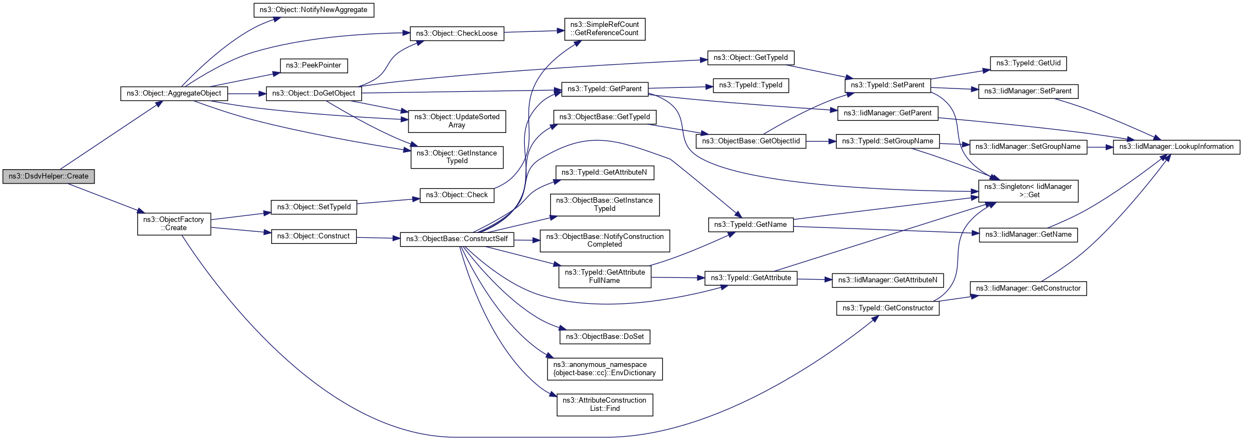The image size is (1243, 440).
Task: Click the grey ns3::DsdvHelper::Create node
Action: point(48,176)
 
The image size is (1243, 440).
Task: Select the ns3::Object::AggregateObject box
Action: point(173,93)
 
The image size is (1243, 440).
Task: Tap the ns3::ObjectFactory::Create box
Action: point(173,224)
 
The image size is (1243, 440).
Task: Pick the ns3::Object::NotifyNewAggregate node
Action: point(313,10)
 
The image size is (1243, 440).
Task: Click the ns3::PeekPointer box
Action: point(313,65)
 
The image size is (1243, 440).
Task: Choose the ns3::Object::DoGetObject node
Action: point(313,93)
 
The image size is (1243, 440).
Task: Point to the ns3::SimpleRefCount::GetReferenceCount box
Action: point(604,29)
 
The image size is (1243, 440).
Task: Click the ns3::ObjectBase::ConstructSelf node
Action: point(457,239)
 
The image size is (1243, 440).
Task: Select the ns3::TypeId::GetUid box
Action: point(1028,63)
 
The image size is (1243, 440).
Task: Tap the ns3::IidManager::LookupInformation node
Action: point(1176,147)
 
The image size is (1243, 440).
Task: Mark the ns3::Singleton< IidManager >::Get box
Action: point(1028,191)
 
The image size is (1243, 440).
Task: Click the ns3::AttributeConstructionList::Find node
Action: point(604,404)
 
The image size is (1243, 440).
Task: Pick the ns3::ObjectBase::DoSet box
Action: point(604,336)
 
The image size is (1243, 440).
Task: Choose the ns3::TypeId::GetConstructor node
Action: point(887,308)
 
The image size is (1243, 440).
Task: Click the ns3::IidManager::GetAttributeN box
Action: point(888,280)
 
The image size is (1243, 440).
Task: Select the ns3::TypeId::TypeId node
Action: point(751,85)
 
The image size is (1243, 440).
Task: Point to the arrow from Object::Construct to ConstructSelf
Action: point(378,238)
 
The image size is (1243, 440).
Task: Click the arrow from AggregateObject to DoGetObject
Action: point(247,93)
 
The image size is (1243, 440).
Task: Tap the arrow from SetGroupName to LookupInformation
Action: point(1100,147)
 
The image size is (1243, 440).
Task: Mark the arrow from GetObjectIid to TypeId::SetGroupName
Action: point(821,141)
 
